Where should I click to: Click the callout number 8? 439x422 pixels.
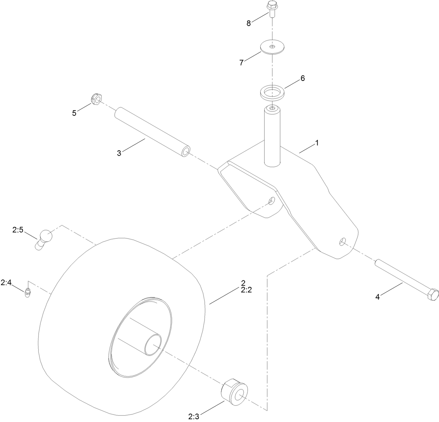pyautogui.click(x=248, y=23)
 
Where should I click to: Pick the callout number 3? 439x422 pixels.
pyautogui.click(x=119, y=153)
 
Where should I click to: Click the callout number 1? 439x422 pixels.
pyautogui.click(x=317, y=143)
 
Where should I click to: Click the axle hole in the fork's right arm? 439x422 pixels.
pyautogui.click(x=343, y=241)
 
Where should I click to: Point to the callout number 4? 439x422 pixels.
pyautogui.click(x=377, y=297)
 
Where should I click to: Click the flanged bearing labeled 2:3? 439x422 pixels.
pyautogui.click(x=234, y=392)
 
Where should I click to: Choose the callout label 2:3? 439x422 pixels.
pyautogui.click(x=194, y=416)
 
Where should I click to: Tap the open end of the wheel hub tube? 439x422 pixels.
pyautogui.click(x=153, y=345)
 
